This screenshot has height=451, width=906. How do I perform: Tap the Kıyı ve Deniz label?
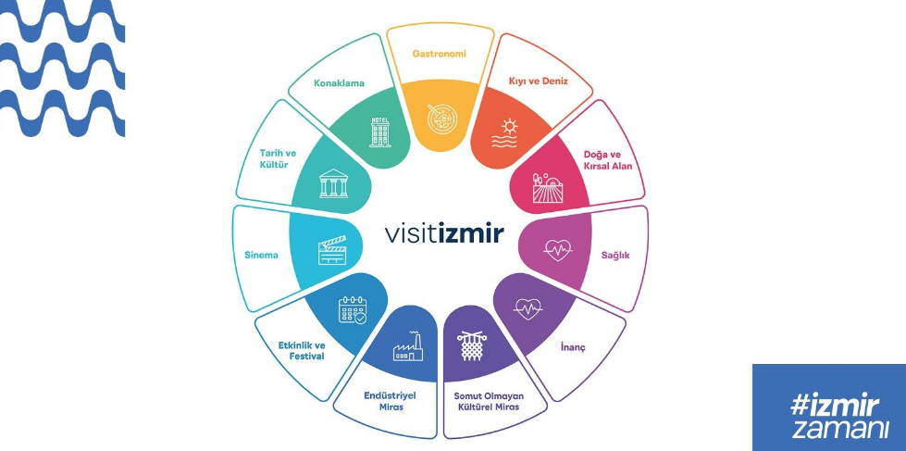(538, 81)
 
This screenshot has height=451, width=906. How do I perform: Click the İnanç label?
(573, 348)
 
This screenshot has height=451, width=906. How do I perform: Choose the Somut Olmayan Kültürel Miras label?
(488, 401)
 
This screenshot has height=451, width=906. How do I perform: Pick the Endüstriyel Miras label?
(390, 400)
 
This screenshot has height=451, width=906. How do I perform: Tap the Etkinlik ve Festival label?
(302, 350)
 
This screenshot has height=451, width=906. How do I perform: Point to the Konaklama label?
(339, 82)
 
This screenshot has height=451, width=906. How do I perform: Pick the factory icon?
(406, 345)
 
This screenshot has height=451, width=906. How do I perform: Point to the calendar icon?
(354, 309)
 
